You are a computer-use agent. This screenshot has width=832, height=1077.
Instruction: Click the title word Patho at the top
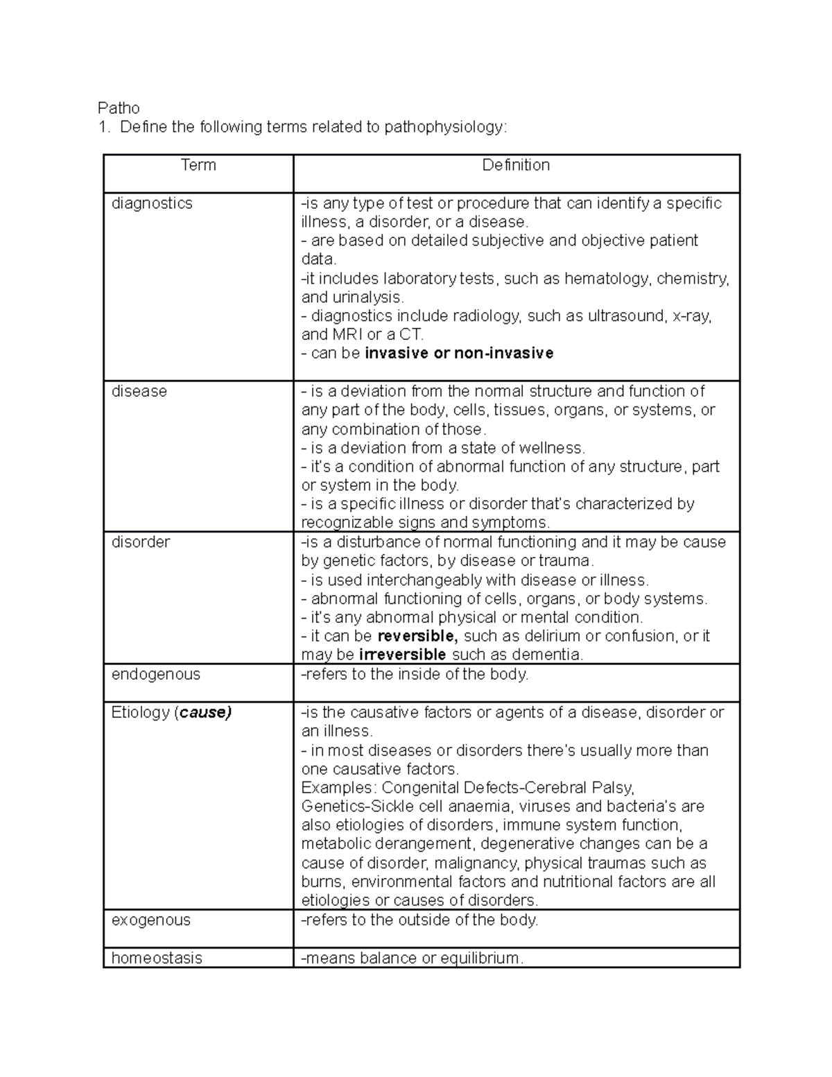[119, 108]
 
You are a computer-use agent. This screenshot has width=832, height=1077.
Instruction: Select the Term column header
[198, 165]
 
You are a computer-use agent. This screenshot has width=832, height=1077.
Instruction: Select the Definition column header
[516, 165]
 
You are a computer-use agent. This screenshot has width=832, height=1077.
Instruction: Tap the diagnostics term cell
[152, 203]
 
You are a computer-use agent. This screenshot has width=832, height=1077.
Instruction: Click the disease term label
[139, 391]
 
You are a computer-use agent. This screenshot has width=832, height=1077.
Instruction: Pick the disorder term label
[141, 542]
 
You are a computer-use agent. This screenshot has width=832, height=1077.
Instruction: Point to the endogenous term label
[155, 674]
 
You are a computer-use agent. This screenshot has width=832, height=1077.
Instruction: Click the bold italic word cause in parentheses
[204, 712]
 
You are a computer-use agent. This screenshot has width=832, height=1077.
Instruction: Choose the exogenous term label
[150, 920]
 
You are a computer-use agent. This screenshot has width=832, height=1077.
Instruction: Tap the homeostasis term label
[157, 958]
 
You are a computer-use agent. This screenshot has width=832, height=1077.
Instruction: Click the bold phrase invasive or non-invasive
[459, 354]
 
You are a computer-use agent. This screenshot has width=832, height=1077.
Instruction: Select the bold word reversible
[417, 636]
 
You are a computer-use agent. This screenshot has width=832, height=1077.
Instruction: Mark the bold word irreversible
[402, 655]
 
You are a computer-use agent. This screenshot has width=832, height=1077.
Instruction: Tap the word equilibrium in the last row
[482, 958]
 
